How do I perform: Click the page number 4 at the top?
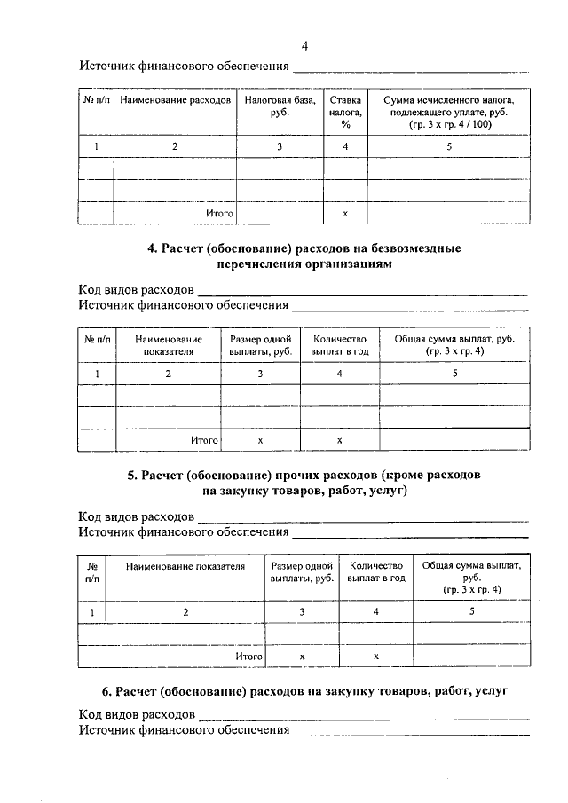pyautogui.click(x=304, y=46)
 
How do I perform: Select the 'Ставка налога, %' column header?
pyautogui.click(x=343, y=113)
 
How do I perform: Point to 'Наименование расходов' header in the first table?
pyautogui.click(x=176, y=101)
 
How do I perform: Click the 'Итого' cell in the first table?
pyautogui.click(x=219, y=214)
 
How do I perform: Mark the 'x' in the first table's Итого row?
pyautogui.click(x=343, y=214)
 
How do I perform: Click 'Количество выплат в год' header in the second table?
pyautogui.click(x=339, y=345)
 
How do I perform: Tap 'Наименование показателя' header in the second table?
pyautogui.click(x=168, y=345)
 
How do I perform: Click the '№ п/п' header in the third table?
pyautogui.click(x=91, y=571)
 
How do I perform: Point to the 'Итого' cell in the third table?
pyautogui.click(x=249, y=656)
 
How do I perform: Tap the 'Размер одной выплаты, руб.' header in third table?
pyautogui.click(x=302, y=571)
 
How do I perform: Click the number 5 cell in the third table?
pyautogui.click(x=472, y=611)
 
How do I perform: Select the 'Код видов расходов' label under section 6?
pyautogui.click(x=136, y=714)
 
